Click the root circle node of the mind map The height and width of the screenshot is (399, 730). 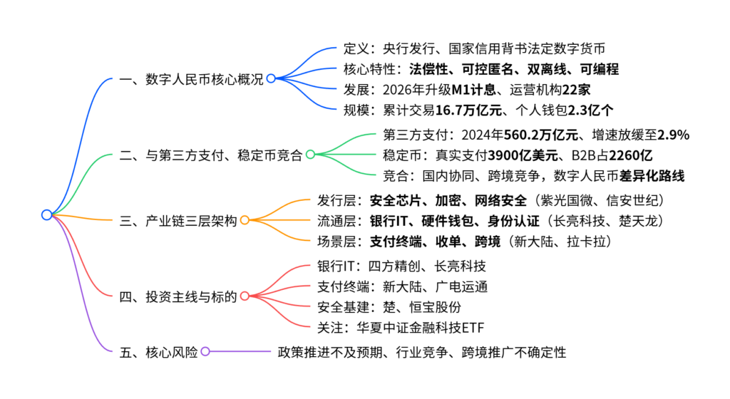[x=46, y=215]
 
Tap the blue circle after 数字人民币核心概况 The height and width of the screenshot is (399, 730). [x=271, y=78]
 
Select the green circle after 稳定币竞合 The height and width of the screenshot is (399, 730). [x=311, y=155]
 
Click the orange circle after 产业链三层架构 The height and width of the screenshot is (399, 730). [x=245, y=220]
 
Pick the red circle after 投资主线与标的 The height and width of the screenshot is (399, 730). [x=245, y=296]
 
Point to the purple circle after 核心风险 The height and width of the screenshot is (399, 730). [x=205, y=351]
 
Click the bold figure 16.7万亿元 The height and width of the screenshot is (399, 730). [x=468, y=110]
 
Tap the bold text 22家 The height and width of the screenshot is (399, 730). [x=576, y=90]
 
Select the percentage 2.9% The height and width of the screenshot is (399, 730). [x=673, y=135]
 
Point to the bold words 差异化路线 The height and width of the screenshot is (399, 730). [x=652, y=176]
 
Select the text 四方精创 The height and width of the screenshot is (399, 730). [x=394, y=266]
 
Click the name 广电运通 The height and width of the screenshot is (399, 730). [x=461, y=286]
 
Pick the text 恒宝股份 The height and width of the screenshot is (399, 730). [x=436, y=307]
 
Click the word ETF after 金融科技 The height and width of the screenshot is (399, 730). [x=473, y=328]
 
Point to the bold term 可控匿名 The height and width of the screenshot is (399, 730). [x=488, y=69]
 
